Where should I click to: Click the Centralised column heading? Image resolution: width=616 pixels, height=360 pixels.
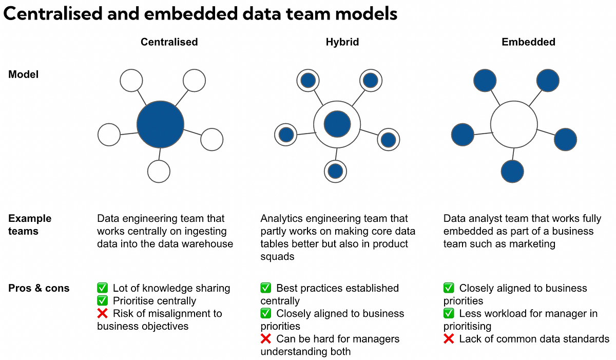[x=169, y=42]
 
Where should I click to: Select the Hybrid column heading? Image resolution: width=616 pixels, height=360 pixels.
[x=342, y=42]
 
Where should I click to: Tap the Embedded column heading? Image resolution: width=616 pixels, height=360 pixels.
[x=528, y=42]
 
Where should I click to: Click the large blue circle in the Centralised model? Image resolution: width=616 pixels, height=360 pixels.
[x=160, y=124]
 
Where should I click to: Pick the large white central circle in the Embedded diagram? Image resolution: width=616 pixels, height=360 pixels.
[x=514, y=124]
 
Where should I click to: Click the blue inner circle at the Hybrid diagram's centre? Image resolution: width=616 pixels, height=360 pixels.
[x=337, y=124]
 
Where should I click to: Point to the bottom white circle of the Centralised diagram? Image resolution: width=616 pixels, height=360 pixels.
[x=159, y=171]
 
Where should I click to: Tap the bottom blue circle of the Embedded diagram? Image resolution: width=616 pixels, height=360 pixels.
[x=512, y=172]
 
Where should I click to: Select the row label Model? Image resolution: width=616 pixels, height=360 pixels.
[x=24, y=74]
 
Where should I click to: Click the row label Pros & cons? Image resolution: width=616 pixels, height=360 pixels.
[x=39, y=288]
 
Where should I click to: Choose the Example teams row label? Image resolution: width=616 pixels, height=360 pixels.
[x=30, y=225]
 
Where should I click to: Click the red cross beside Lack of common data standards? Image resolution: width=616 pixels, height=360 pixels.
[x=449, y=339]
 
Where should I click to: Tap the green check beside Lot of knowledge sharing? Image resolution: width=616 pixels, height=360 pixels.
[x=102, y=288]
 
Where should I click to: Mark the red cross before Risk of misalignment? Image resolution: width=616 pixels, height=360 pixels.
[x=102, y=314]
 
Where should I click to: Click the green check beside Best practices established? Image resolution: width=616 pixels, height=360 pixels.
[x=265, y=288]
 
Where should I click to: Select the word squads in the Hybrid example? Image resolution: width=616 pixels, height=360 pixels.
[x=277, y=256]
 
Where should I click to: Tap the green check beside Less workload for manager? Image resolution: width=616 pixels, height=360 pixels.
[x=449, y=314]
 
